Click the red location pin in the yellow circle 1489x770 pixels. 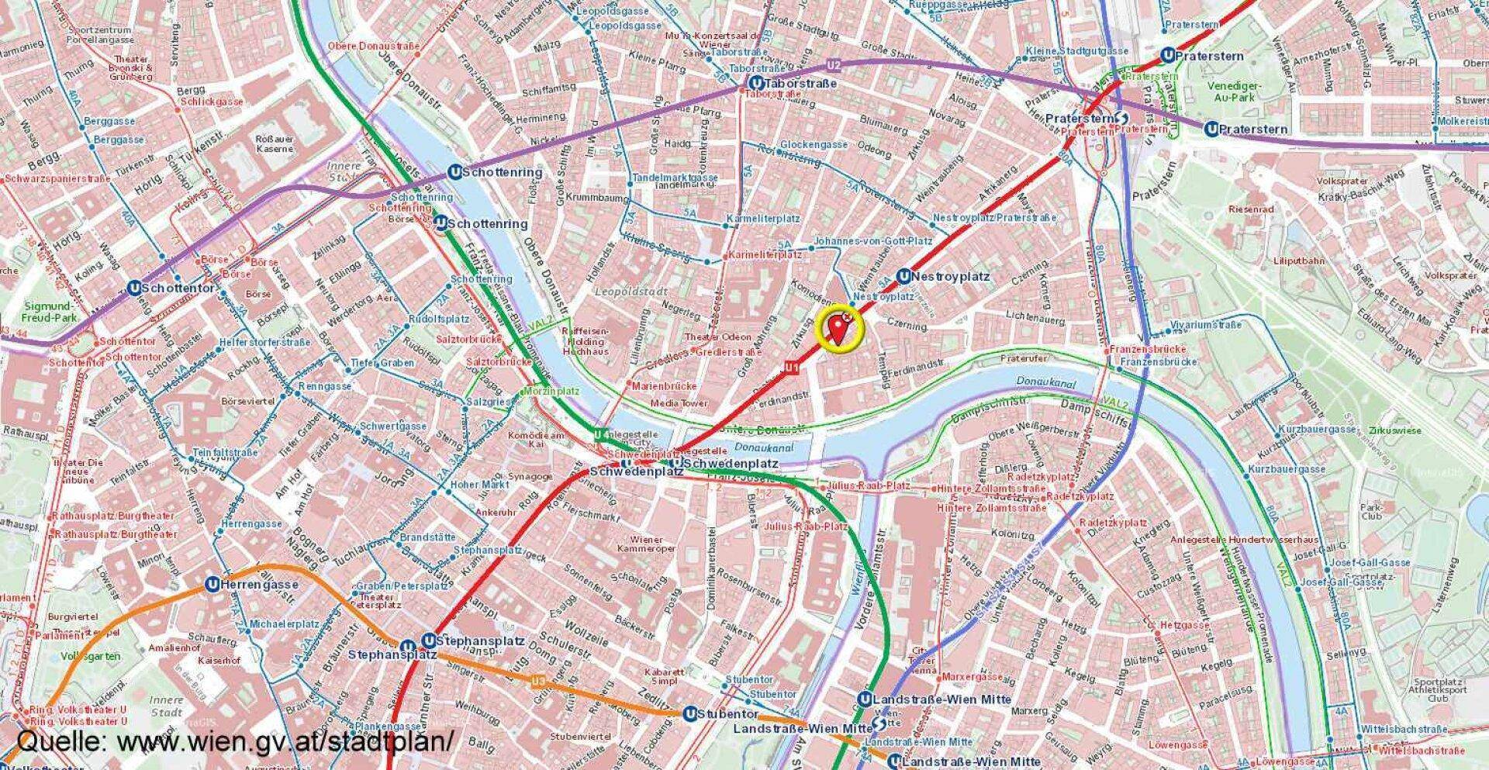coord(838,330)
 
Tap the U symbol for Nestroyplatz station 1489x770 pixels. coord(903,277)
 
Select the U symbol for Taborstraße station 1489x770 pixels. coord(755,83)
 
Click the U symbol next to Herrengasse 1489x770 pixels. coord(212,585)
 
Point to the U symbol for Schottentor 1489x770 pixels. coord(135,288)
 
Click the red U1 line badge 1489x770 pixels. coord(791,367)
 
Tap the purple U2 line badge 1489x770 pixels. coord(834,64)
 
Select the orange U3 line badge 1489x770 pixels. coord(538,682)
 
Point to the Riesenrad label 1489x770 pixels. coord(1251,209)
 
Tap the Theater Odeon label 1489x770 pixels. coord(717,337)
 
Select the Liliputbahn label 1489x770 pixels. coord(1298,261)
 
